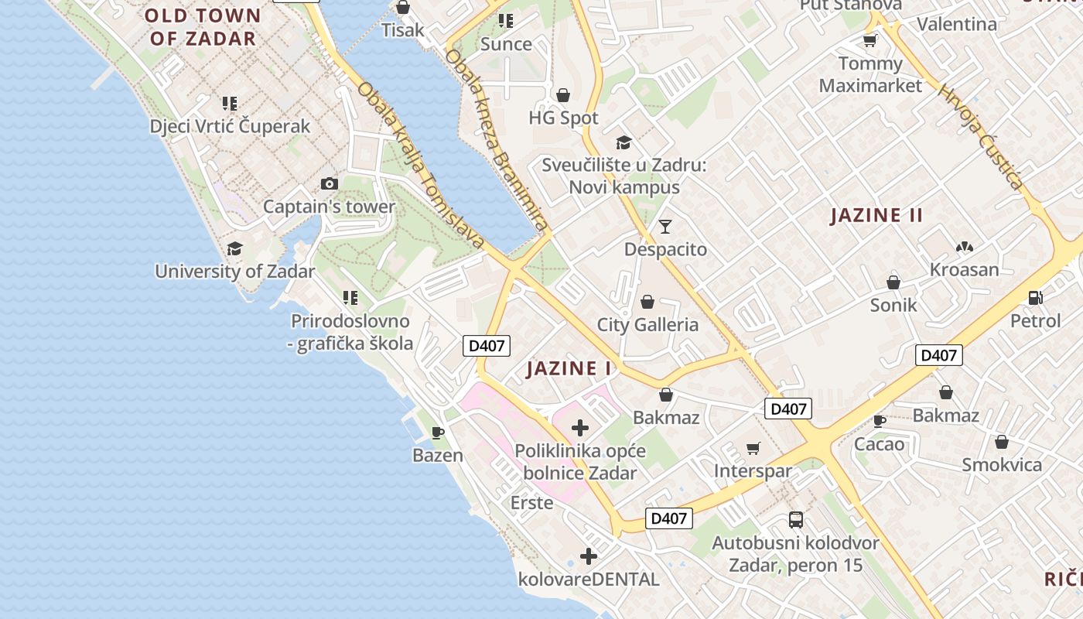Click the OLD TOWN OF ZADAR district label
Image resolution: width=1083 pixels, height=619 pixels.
[203, 27]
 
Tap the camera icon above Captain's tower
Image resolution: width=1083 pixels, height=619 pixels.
[330, 183]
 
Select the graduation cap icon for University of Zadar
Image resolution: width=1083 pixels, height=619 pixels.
[234, 248]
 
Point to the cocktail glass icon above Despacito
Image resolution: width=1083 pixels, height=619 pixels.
[665, 227]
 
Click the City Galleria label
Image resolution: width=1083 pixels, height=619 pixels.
[647, 324]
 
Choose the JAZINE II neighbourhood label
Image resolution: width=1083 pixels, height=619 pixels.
[876, 215]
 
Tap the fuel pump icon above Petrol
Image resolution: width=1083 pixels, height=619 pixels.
[1035, 297]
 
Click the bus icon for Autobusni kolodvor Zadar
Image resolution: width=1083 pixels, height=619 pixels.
[795, 519]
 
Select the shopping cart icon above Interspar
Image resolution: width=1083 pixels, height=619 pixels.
[753, 448]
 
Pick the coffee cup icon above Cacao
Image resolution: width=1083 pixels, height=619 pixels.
[879, 421]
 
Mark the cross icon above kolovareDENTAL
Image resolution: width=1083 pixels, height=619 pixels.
[589, 556]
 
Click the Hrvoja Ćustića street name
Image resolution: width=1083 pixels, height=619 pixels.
[982, 137]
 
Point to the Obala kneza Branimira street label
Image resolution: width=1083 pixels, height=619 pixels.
[497, 140]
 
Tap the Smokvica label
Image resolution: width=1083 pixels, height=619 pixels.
[1002, 464]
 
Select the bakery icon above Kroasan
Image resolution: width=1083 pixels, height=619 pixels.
[964, 248]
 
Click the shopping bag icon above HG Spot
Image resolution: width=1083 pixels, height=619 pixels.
[563, 95]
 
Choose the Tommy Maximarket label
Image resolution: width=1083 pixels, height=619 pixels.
[870, 74]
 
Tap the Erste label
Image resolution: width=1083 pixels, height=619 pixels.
[532, 503]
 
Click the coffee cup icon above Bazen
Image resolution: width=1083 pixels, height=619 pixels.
[438, 433]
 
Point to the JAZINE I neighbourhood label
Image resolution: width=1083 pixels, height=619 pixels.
[569, 368]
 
